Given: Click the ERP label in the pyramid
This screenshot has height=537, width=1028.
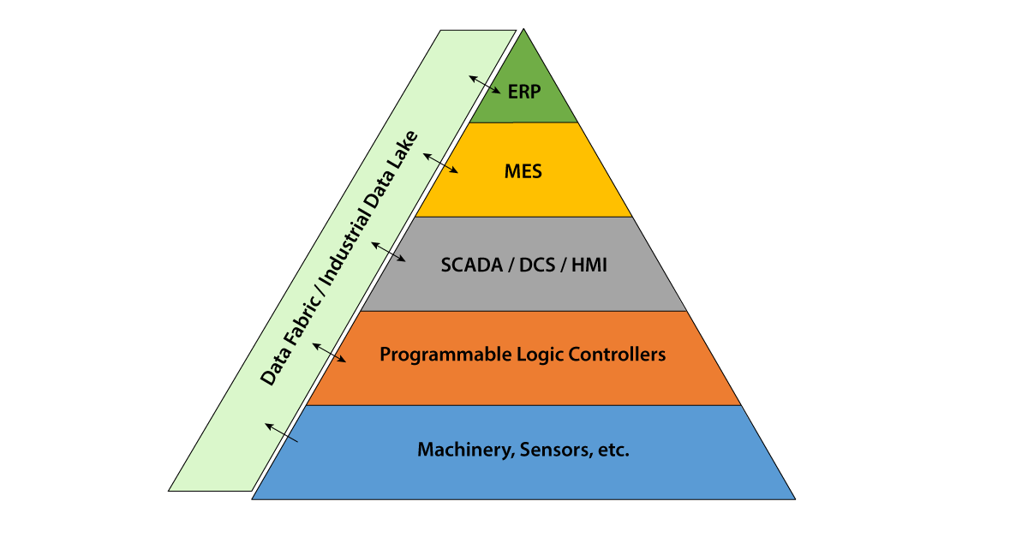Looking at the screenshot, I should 524,92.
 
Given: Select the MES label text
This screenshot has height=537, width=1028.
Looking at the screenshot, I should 523,171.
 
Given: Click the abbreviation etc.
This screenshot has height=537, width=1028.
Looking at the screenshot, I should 612,450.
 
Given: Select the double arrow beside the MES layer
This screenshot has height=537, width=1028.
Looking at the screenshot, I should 441,164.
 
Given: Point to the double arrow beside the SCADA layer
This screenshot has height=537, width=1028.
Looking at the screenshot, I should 390,251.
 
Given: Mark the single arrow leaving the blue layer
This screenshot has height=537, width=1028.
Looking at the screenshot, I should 281,433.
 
